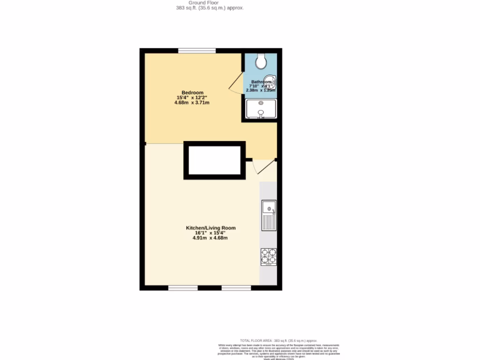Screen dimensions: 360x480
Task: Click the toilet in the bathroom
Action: coord(261,60)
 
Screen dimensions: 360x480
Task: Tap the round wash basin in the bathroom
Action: coord(271,82)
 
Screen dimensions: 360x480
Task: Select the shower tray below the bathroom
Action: coord(261,109)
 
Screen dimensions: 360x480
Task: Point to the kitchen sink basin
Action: coord(269,208)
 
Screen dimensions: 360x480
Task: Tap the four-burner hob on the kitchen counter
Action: coord(269,257)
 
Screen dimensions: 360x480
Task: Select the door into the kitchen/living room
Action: coord(262,166)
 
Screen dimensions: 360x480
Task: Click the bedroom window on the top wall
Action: coord(197,51)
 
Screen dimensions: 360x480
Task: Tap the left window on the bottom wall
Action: coord(183,287)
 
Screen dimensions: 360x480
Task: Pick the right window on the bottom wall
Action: coord(236,287)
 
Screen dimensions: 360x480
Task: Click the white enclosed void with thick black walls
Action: coord(214,160)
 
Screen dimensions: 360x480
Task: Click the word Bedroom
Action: coord(193,92)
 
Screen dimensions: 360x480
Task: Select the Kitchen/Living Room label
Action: coord(211,228)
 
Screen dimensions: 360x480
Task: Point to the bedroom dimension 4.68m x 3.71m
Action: coord(192,102)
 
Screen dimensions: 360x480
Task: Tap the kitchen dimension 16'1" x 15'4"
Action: coord(210,233)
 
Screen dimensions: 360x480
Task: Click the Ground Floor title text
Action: coord(207,3)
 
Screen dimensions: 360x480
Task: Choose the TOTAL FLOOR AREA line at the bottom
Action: coord(278,340)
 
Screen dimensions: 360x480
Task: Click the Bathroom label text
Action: coord(261,82)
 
